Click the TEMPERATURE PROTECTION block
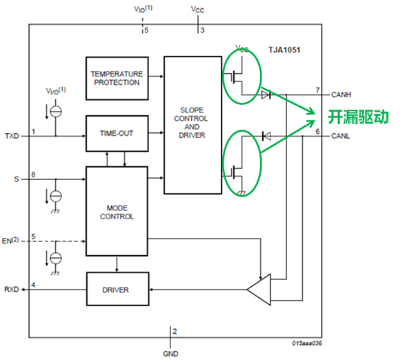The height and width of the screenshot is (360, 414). (117, 77)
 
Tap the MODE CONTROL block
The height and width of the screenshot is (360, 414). (117, 211)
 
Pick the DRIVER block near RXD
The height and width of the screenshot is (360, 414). (117, 289)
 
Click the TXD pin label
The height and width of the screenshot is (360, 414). (12, 136)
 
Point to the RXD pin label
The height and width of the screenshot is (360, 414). (12, 290)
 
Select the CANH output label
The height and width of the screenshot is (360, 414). (342, 94)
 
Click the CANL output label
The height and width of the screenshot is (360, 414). (342, 135)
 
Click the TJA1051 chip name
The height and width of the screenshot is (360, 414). (284, 50)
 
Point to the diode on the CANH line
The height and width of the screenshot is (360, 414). (266, 94)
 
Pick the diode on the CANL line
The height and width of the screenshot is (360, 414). (266, 134)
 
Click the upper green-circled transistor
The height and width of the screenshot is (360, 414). (240, 74)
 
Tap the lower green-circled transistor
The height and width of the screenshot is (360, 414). (240, 163)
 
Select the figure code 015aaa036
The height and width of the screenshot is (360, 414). (307, 343)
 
